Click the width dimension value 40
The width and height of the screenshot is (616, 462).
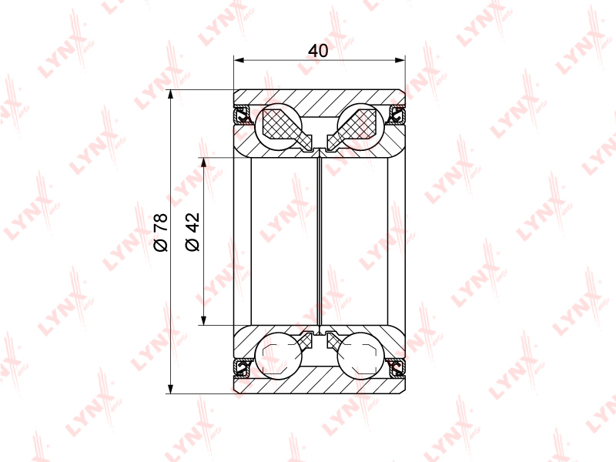[318, 51]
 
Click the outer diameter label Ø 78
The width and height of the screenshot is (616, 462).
[161, 233]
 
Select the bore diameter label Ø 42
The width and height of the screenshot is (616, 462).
[192, 232]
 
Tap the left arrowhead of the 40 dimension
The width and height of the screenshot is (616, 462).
[239, 60]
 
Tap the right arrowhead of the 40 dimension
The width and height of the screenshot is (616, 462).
[400, 60]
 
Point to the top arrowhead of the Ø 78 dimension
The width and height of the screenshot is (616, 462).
[170, 95]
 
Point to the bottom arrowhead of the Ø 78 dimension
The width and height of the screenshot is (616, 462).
[170, 388]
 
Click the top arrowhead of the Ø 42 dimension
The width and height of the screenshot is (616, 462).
[203, 163]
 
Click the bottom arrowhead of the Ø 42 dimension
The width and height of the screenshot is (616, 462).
[203, 320]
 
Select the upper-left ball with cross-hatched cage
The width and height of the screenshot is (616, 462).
[278, 127]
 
